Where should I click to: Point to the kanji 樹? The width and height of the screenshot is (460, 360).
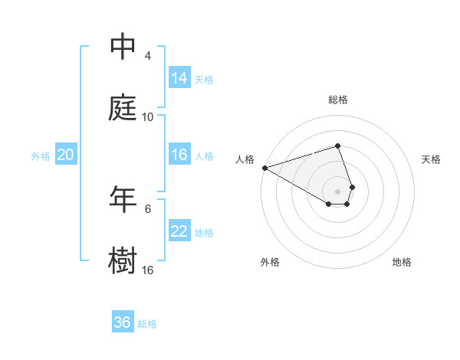[123, 260]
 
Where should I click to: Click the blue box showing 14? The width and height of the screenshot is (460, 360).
[179, 77]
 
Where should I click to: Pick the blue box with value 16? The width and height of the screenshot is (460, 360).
[179, 155]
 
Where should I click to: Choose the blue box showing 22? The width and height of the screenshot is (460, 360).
[179, 231]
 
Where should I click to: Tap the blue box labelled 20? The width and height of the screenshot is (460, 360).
[65, 155]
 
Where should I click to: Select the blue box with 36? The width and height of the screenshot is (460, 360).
[123, 322]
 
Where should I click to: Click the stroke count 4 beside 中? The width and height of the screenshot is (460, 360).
[148, 56]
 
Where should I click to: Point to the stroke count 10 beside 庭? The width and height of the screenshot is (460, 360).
[148, 117]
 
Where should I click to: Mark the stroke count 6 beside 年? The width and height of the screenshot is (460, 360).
[148, 208]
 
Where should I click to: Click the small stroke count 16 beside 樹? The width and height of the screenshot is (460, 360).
[148, 270]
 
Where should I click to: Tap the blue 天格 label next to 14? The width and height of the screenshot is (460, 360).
[204, 79]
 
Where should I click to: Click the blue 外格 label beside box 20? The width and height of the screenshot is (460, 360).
[41, 156]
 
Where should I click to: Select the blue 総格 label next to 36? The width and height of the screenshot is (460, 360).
[147, 324]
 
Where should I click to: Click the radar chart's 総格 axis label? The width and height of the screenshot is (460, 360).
[338, 100]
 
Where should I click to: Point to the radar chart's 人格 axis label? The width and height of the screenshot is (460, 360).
[245, 159]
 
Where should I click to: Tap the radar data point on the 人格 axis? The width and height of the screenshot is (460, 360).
[264, 168]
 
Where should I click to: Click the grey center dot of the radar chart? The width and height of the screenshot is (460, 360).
[337, 191]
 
